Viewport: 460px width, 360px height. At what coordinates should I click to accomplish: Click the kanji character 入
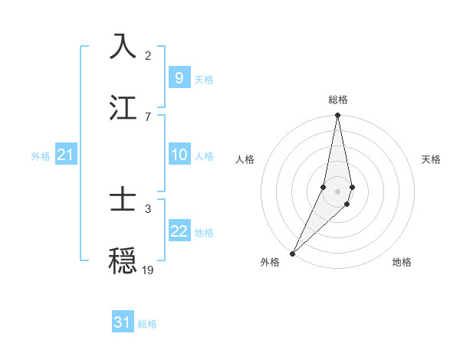(123, 47)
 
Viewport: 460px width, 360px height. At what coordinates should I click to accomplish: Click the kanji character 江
(123, 108)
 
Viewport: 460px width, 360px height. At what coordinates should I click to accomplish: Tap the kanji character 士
(123, 200)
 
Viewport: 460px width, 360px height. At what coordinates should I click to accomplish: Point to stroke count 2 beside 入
(148, 55)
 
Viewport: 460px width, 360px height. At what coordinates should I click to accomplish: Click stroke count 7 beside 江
(148, 116)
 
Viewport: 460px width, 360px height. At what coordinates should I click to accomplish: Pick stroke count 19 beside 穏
(148, 270)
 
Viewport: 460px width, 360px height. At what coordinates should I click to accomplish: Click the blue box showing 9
(179, 77)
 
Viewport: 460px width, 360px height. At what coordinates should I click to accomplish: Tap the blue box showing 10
(179, 155)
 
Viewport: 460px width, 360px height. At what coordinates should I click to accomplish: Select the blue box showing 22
(179, 231)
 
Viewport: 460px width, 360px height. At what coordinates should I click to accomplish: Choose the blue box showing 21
(66, 155)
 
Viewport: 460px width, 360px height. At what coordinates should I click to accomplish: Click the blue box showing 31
(123, 322)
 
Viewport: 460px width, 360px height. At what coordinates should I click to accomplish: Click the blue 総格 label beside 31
(147, 324)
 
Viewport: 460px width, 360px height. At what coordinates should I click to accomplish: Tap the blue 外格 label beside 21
(41, 155)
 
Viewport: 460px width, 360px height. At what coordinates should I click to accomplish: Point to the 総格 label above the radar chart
(338, 100)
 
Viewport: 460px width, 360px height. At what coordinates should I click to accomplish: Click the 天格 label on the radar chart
(431, 159)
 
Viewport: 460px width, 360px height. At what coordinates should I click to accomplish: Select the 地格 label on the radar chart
(402, 262)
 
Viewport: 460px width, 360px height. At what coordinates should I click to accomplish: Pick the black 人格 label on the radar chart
(245, 159)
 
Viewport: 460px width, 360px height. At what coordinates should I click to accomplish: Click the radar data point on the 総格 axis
(337, 116)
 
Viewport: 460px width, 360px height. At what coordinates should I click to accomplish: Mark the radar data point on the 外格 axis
(292, 253)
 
